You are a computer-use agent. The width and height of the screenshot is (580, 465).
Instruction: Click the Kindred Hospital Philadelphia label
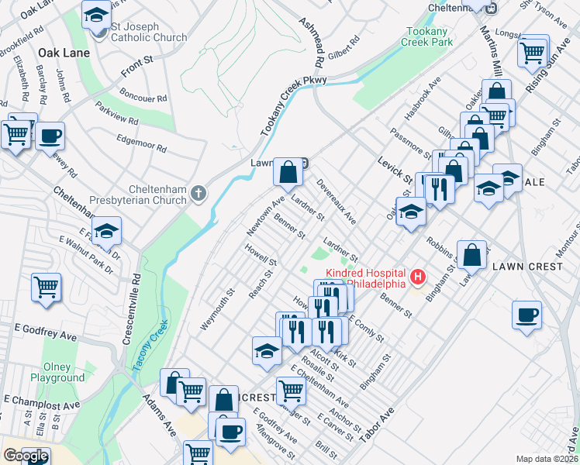pos(365,277)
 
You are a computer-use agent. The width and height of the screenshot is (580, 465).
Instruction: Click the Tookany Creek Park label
pos(426,36)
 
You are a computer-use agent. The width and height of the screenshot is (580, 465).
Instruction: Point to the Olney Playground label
pos(57,373)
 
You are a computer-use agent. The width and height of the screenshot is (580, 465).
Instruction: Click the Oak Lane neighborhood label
pos(64,53)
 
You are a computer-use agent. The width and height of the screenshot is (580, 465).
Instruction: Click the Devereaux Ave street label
pos(336,203)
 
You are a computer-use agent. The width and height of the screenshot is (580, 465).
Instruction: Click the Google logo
pos(26,456)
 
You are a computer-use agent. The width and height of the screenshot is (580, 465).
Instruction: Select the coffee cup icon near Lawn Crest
pos(526,315)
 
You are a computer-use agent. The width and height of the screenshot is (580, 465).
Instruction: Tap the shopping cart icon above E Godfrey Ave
pos(47,287)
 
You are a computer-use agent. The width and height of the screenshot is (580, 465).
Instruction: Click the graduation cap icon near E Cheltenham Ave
pos(267,350)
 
